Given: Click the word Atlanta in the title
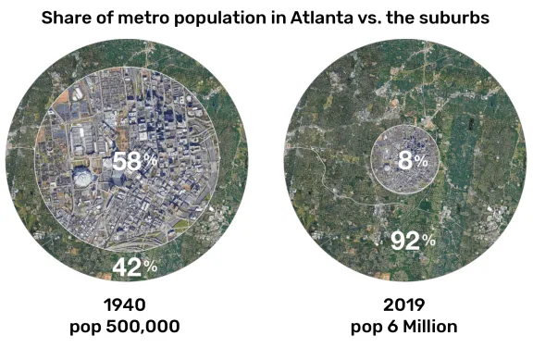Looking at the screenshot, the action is (x=321, y=18).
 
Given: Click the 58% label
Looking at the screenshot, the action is (x=134, y=161).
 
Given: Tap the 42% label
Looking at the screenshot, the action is (x=134, y=267).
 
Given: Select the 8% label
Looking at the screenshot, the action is (x=413, y=160).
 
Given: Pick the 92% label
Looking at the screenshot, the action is (x=413, y=241).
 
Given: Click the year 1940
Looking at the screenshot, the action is (x=125, y=304).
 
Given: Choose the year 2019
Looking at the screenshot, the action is (x=404, y=304).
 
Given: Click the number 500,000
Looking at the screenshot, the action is (x=143, y=327).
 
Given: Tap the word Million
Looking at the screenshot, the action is (x=430, y=327).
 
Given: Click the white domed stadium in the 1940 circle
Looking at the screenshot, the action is (x=82, y=176).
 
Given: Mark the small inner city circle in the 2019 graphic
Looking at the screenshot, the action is (x=404, y=125).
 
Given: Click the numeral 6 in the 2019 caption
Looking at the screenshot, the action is (x=392, y=327).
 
